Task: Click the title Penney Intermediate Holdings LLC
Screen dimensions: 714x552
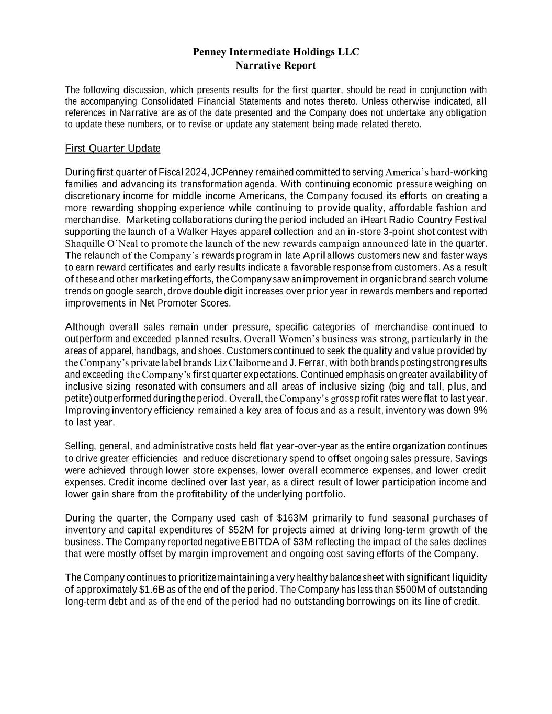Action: tap(276, 52)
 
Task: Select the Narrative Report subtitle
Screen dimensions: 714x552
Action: tap(276, 65)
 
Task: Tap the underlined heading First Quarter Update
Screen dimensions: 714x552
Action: tap(112, 149)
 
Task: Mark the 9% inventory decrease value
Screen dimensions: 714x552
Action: tap(480, 410)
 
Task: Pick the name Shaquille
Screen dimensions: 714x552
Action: tap(84, 244)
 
